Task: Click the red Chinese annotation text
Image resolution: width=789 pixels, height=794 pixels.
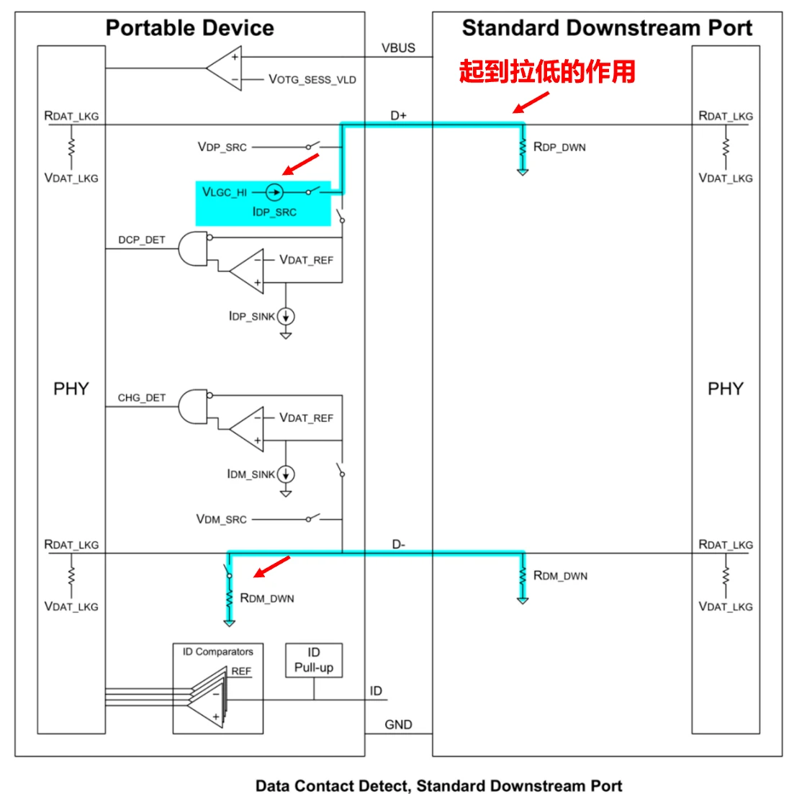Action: [x=547, y=72]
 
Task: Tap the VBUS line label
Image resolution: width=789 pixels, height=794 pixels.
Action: [x=398, y=48]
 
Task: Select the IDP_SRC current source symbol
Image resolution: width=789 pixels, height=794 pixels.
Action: [x=274, y=192]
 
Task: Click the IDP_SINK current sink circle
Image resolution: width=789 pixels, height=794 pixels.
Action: [x=286, y=316]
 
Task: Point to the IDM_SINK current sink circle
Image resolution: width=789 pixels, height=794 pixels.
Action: [x=286, y=474]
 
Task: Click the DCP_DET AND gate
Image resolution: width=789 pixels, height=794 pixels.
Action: [x=193, y=248]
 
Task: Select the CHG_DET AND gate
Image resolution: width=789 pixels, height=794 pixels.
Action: [x=193, y=407]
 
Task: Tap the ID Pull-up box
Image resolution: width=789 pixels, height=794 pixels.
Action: [x=314, y=660]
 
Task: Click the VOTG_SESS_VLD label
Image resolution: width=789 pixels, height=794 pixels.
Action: [x=312, y=79]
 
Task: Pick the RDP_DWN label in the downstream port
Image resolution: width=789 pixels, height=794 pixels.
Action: [x=559, y=147]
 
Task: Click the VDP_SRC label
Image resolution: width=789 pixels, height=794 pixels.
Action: [x=222, y=147]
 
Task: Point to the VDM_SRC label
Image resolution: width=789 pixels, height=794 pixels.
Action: [x=221, y=519]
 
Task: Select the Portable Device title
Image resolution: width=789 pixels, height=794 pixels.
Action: [x=189, y=28]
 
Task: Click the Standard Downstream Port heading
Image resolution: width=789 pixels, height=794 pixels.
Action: [x=606, y=28]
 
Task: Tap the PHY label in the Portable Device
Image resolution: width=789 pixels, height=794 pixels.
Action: [x=71, y=389]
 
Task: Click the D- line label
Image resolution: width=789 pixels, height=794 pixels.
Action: [x=398, y=545]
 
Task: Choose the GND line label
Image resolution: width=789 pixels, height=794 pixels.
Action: [x=398, y=724]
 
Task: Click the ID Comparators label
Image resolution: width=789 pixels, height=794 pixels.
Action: [x=217, y=651]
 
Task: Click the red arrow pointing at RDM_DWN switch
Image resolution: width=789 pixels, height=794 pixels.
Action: [x=273, y=567]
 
